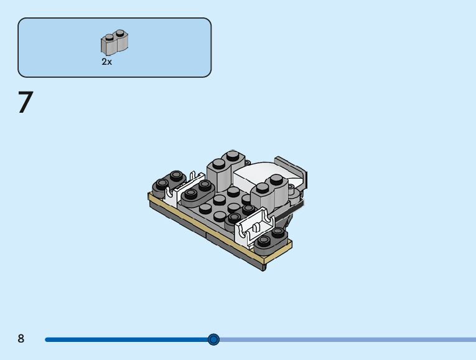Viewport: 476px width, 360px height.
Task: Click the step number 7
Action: pos(26,102)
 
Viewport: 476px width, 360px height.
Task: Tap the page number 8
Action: pos(21,338)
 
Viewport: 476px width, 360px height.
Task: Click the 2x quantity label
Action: pos(107,62)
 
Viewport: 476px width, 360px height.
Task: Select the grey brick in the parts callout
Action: pos(114,42)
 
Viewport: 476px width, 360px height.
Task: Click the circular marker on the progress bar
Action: pos(213,339)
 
